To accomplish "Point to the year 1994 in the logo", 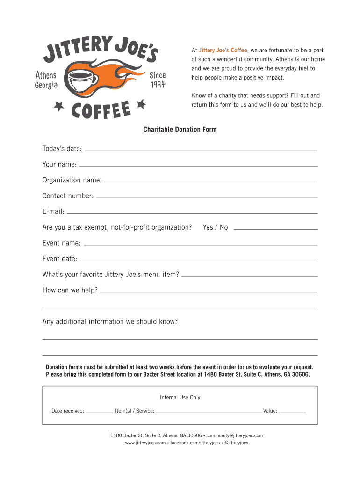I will click(158, 85).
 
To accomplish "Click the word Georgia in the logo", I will click(46, 85).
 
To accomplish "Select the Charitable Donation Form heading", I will click(180, 129).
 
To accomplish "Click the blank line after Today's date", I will click(201, 150).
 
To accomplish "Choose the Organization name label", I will click(72, 180).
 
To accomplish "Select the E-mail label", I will click(53, 211).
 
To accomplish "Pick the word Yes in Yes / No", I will click(208, 227).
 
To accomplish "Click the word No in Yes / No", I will click(223, 227).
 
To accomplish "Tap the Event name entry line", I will click(200, 244).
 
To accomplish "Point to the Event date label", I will click(60, 259).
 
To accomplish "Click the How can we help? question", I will click(70, 290).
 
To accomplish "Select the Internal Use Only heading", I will click(180, 398).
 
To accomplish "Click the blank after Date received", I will click(99, 413).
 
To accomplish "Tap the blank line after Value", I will click(292, 413).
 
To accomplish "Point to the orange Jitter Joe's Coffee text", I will click(223, 50).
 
